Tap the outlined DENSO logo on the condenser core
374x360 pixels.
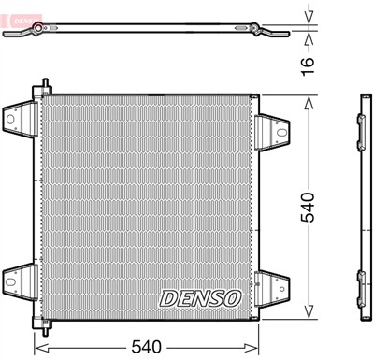[200, 297]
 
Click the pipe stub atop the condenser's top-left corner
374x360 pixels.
[43, 86]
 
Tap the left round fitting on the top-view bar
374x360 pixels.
[37, 33]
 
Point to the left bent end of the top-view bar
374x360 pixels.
[11, 37]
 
